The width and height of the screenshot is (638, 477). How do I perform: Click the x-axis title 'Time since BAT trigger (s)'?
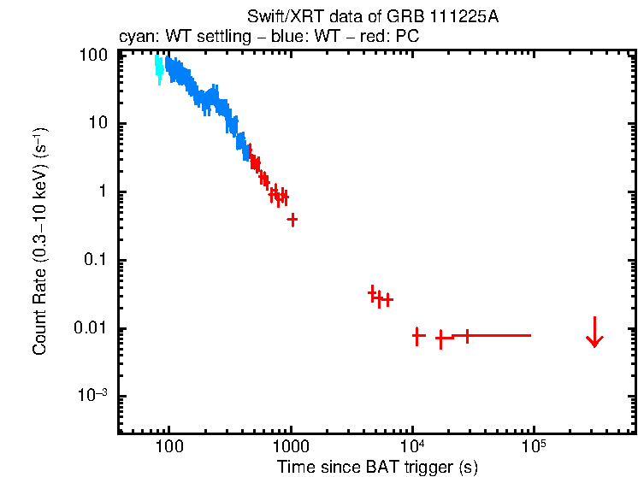pos(377,467)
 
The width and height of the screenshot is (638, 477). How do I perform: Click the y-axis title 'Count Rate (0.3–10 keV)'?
pos(40,242)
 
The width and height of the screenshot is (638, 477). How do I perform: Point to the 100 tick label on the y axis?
pos(92,55)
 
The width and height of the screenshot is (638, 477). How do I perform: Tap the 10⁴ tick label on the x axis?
pos(412,446)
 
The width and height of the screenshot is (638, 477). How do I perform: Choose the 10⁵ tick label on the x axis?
pos(535,446)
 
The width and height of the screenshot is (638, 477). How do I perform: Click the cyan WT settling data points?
pos(158,69)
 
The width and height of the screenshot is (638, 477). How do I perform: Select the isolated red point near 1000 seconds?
pos(292,220)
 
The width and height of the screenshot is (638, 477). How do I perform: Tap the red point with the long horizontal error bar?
pos(467,335)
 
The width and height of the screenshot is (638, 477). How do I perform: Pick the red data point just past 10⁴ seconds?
pos(417,336)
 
